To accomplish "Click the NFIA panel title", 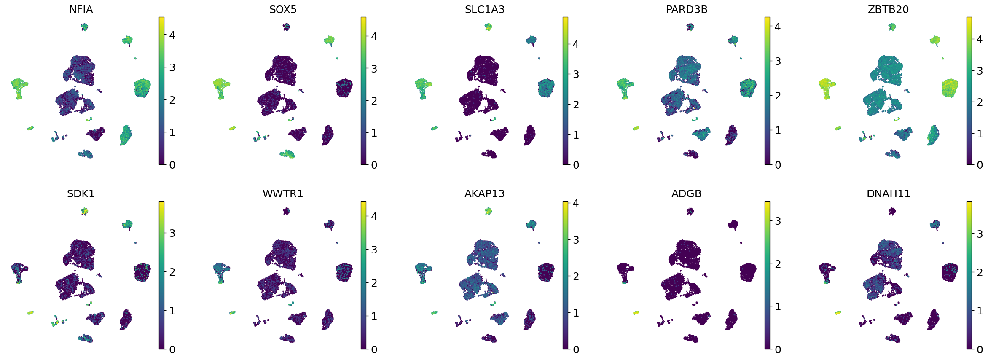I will coord(81,9).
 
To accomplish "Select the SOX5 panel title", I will coord(283,9).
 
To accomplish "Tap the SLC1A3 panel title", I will coord(484,9).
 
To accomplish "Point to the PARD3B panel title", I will coord(687,9).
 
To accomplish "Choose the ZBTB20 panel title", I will coord(888,9).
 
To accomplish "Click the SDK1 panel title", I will coord(81,193).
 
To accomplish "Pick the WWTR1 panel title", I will coord(283,193).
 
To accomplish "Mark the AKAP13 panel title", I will coord(484,193).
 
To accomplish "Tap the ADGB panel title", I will coord(686,193).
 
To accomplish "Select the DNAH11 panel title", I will coord(888,193).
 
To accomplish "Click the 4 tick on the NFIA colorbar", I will coord(172,35).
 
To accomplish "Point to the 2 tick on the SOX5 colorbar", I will coord(374,101).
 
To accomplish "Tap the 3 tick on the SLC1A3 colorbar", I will coord(576,74).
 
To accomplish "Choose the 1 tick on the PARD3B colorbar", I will coord(778,130).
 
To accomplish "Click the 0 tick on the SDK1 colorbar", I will coord(172,349).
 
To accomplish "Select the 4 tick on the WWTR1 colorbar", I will coord(374,216).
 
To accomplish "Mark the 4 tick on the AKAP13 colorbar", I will coord(576,203).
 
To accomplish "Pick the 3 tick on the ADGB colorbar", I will coord(778,221).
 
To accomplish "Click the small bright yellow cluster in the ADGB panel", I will coord(636,312).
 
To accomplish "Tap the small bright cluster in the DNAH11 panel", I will coord(838,312).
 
